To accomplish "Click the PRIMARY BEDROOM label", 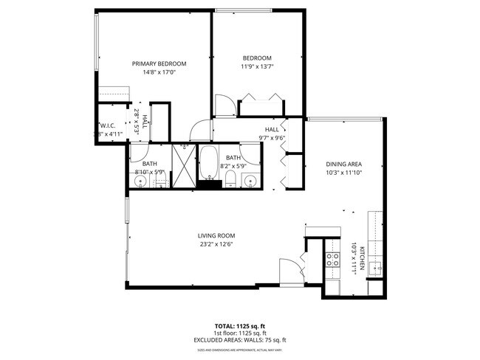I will click(x=159, y=64).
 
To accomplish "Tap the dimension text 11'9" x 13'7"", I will click(x=258, y=67).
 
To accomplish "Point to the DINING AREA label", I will click(x=343, y=164).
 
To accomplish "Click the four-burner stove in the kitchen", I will click(x=333, y=259).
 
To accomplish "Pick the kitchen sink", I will click(x=374, y=267).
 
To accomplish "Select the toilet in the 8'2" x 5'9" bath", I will click(x=230, y=181).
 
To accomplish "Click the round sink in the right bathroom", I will click(x=250, y=180).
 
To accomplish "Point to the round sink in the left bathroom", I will click(x=140, y=180).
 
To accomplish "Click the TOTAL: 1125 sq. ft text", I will click(x=239, y=325).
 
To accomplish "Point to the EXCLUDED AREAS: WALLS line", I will click(x=239, y=340).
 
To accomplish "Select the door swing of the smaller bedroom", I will click(x=224, y=105).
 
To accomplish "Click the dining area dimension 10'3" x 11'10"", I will click(x=343, y=173).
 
